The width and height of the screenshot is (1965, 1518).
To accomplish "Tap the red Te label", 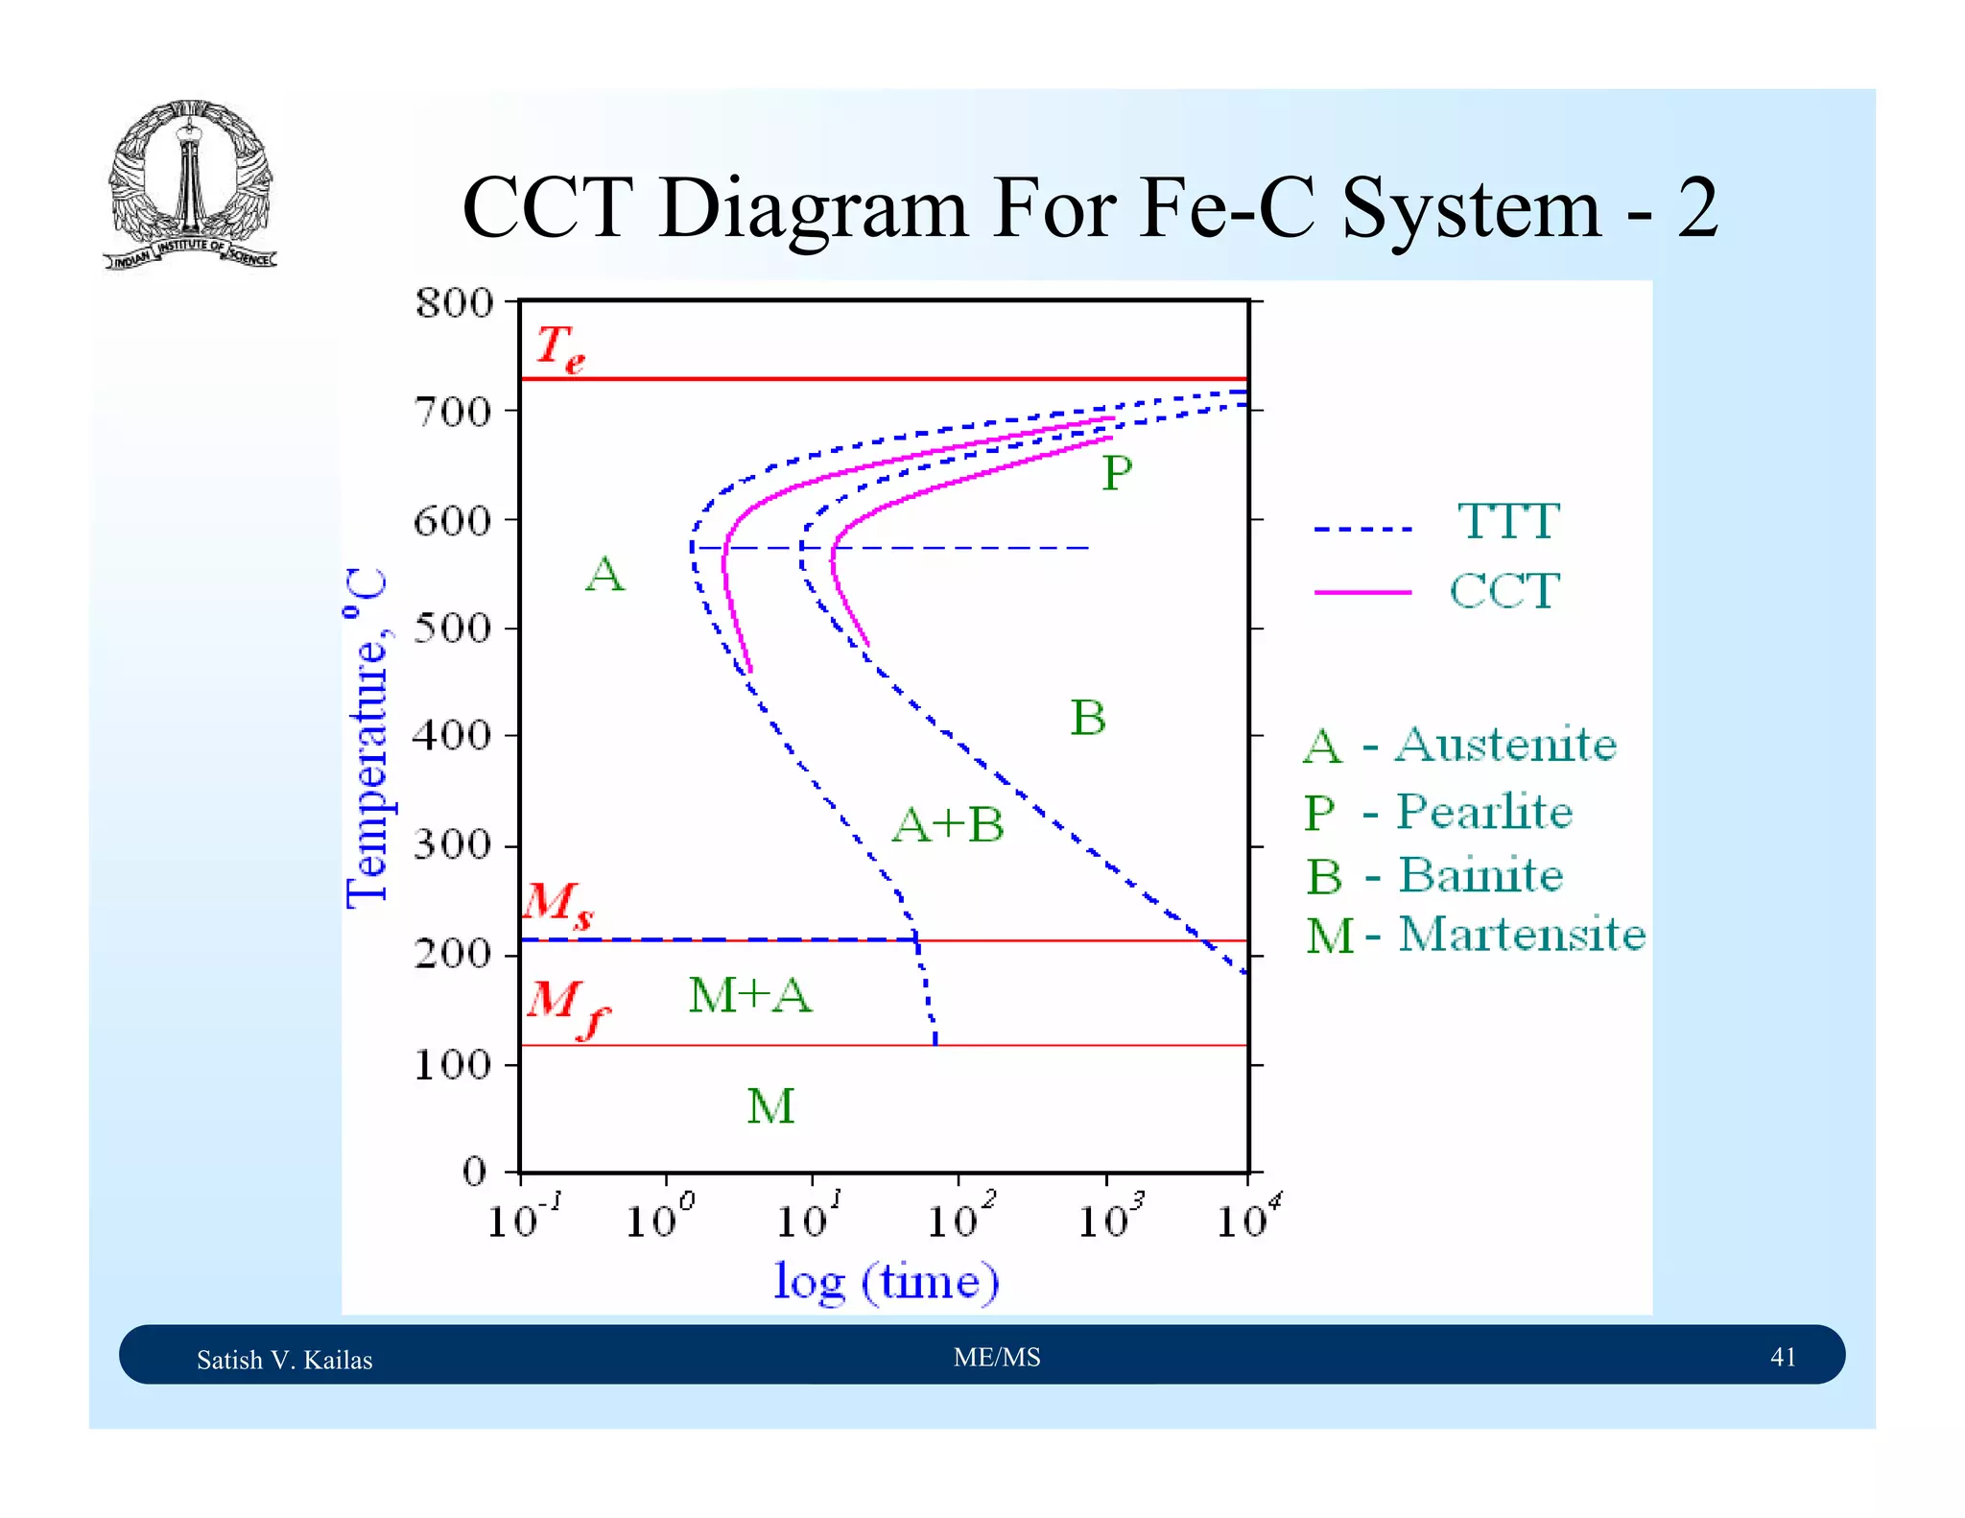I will [559, 347].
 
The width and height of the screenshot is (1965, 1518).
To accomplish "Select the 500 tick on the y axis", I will [452, 629].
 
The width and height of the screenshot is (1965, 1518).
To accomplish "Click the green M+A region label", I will [749, 995].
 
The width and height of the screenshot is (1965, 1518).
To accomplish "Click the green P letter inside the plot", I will [1116, 473].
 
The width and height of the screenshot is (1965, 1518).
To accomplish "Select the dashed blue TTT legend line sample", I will [1361, 529].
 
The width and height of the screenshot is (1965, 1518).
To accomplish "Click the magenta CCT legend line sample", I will [1361, 592].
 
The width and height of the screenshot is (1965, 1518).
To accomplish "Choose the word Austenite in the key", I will [1505, 745].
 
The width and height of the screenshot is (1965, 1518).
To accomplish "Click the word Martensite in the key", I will [1521, 935].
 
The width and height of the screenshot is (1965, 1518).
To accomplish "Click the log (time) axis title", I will [886, 1281].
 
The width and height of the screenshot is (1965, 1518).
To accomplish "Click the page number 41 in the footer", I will [1782, 1357].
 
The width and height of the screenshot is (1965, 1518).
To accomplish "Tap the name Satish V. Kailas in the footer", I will [284, 1360].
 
